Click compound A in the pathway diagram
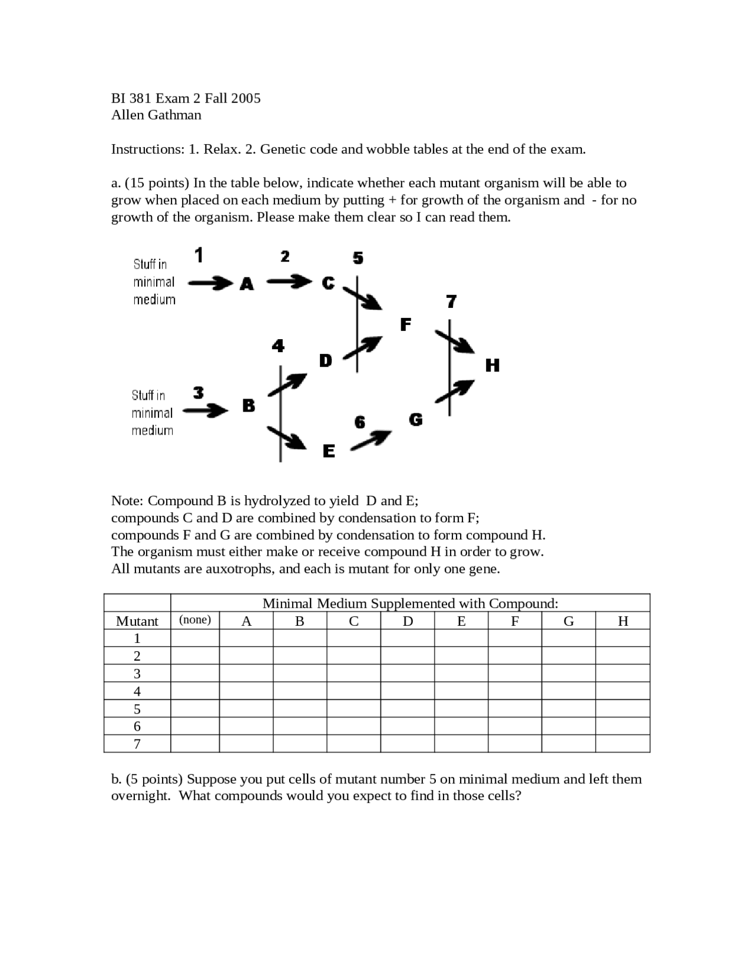pyautogui.click(x=247, y=284)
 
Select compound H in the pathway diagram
pyautogui.click(x=492, y=365)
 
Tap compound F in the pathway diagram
pyautogui.click(x=405, y=324)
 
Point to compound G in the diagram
pyautogui.click(x=415, y=420)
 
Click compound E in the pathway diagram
pyautogui.click(x=329, y=451)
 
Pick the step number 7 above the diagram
pyautogui.click(x=451, y=301)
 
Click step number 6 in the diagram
pyautogui.click(x=359, y=422)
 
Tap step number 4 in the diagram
pyautogui.click(x=278, y=346)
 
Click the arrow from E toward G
pyautogui.click(x=371, y=440)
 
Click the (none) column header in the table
pyautogui.click(x=195, y=620)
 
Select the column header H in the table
pyautogui.click(x=623, y=621)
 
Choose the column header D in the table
pyautogui.click(x=408, y=621)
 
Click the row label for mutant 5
pyautogui.click(x=137, y=709)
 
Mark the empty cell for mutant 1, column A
pyautogui.click(x=246, y=638)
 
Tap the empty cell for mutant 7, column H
pyautogui.click(x=623, y=744)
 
